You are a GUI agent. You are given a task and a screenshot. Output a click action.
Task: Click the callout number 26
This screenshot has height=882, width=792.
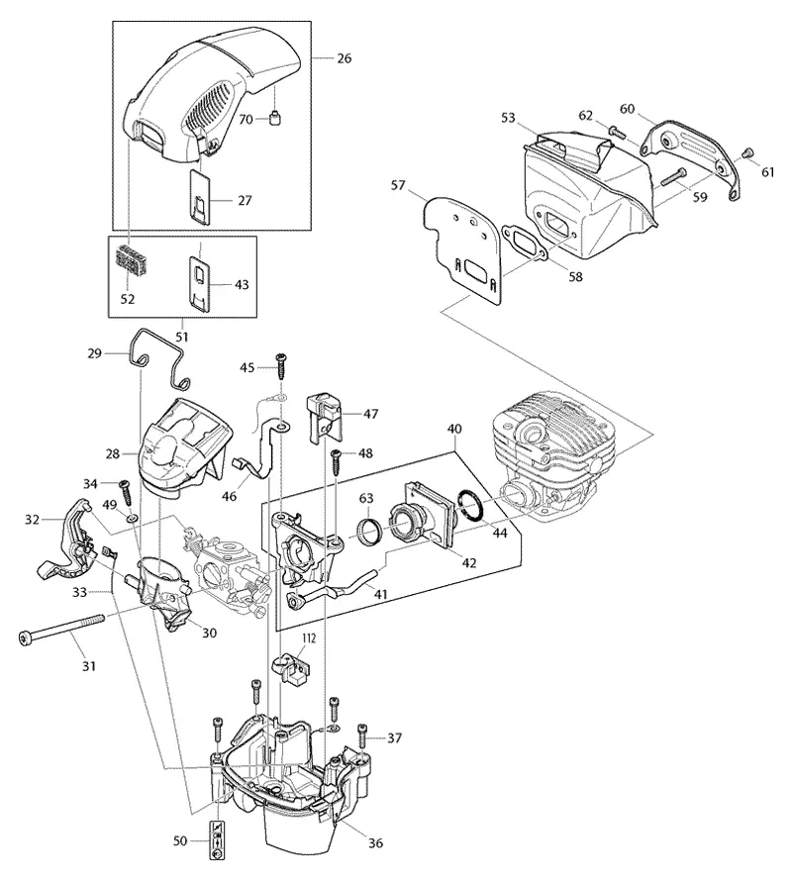pyautogui.click(x=344, y=58)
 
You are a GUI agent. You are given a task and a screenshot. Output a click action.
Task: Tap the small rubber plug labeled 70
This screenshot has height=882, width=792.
pyautogui.click(x=275, y=119)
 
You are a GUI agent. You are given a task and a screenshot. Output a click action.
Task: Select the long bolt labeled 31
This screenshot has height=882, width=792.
pyautogui.click(x=61, y=629)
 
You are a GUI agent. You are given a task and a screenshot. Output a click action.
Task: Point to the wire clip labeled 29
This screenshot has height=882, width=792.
pyautogui.click(x=159, y=357)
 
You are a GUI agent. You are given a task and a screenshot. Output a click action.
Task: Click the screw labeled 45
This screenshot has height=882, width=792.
pyautogui.click(x=280, y=366)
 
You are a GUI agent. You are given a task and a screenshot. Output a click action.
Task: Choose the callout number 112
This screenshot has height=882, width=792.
pyautogui.click(x=309, y=638)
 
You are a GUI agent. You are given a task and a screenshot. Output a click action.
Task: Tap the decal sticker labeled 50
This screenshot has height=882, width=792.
pyautogui.click(x=217, y=840)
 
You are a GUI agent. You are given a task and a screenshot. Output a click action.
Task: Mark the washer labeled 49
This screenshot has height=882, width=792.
pyautogui.click(x=133, y=517)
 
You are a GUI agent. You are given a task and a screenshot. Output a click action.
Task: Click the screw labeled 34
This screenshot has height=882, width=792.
pyautogui.click(x=125, y=494)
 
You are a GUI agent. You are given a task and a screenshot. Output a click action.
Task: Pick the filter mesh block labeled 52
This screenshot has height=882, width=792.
pyautogui.click(x=134, y=260)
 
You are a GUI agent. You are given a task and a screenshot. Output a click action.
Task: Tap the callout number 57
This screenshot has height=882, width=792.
pyautogui.click(x=398, y=185)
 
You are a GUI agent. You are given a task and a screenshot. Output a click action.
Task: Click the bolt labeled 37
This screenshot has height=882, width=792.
pyautogui.click(x=362, y=735)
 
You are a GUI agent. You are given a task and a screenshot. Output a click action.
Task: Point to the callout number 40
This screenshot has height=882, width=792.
pyautogui.click(x=454, y=430)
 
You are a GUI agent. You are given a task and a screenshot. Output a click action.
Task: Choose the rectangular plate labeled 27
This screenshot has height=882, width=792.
pyautogui.click(x=200, y=198)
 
